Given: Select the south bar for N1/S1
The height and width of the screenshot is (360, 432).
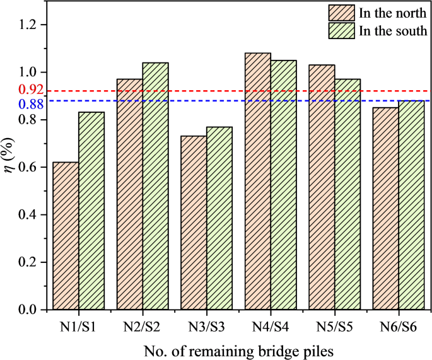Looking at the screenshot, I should click(91, 211).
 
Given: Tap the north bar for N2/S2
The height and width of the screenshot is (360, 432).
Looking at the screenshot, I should click(130, 194).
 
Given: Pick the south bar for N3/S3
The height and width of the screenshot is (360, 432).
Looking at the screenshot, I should click(219, 218).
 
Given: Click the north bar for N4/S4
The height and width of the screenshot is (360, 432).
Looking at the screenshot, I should click(257, 181).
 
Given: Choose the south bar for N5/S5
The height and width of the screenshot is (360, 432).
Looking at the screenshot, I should click(347, 194).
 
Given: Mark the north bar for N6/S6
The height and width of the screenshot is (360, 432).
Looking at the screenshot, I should click(385, 208).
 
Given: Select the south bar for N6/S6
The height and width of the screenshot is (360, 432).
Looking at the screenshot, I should click(411, 205).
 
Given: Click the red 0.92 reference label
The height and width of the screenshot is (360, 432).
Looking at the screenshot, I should click(31, 90).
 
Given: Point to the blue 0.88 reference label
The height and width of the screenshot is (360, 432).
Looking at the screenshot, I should click(31, 104).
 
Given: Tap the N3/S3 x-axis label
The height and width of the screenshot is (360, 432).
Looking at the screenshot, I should click(206, 327).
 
